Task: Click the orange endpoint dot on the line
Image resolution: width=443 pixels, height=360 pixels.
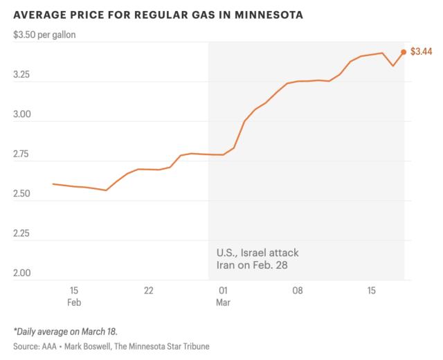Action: (x=404, y=52)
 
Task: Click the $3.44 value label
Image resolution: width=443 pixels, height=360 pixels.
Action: (x=422, y=52)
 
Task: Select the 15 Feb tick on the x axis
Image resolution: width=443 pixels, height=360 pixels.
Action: (x=74, y=296)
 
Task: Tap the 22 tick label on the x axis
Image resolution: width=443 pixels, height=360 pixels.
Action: (x=148, y=290)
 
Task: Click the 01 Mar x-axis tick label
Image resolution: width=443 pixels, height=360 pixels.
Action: (x=223, y=296)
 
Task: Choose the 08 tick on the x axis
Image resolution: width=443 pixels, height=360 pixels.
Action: (x=297, y=290)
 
